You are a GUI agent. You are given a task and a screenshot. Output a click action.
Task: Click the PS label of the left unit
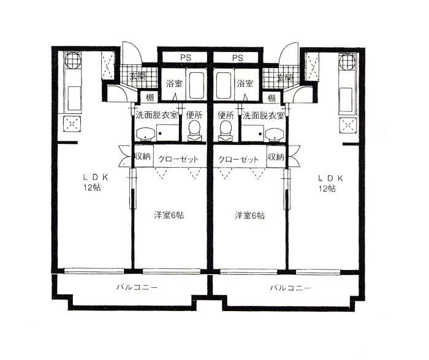pos(186,58)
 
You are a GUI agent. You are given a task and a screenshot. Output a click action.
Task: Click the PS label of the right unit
pos(238,58)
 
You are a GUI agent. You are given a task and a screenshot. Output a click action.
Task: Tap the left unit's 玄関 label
pos(137,77)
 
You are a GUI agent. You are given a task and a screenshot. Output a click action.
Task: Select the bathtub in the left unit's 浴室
pos(197,85)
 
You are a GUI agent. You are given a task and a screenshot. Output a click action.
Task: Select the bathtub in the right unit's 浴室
pos(224,85)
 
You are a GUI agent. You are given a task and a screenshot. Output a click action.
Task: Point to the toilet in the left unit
pos(194,130)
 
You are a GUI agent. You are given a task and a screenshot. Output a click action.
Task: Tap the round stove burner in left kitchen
pos(73,61)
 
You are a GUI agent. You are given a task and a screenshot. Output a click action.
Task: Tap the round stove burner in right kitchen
pos(347,62)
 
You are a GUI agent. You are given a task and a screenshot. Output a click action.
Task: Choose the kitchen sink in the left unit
pos(74,99)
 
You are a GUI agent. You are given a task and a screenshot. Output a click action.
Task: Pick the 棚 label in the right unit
pos(271,97)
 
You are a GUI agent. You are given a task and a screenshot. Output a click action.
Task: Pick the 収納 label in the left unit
pos(143,157)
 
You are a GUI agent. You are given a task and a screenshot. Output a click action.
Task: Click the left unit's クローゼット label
pos(178,159)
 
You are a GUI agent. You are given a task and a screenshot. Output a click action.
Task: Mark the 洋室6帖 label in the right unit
pos(249,216)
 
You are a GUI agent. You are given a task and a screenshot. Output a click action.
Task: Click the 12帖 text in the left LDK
pos(92,187)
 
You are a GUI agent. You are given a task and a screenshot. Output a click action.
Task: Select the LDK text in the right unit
pos(330,178)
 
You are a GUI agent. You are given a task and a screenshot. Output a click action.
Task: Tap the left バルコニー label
pos(137,287)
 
